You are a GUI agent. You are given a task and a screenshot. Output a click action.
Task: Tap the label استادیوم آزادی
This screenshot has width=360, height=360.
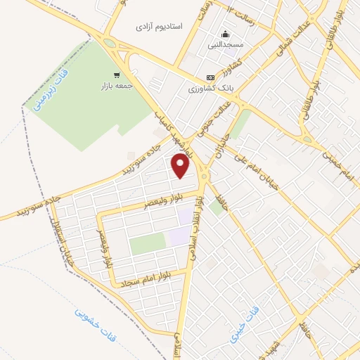click(160, 26)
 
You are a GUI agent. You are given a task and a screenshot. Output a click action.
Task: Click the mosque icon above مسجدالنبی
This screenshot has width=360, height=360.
click(225, 34)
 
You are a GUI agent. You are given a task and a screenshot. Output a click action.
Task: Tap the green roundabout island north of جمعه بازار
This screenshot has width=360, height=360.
click(109, 42)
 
